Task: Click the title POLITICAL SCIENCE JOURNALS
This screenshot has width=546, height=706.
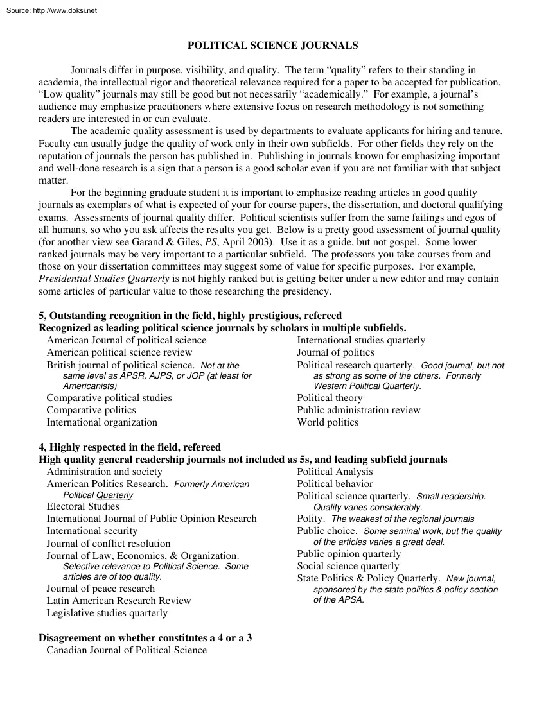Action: click(272, 46)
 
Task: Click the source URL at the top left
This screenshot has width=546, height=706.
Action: click(50, 10)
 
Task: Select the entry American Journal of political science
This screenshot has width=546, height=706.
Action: click(127, 340)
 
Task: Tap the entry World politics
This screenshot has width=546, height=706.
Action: click(328, 422)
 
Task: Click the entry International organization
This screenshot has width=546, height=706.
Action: click(101, 422)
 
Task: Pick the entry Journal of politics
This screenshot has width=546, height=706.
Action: click(335, 352)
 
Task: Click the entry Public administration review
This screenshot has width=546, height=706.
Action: click(358, 410)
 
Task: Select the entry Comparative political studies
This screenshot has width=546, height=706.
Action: click(109, 398)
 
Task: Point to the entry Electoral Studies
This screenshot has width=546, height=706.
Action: click(83, 506)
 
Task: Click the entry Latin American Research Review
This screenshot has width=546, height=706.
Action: click(119, 601)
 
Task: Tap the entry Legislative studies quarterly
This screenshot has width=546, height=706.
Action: click(107, 613)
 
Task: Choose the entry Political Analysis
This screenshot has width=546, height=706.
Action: click(334, 472)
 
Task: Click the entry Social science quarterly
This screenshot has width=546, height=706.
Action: click(348, 566)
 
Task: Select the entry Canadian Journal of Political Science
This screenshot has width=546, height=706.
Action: click(127, 650)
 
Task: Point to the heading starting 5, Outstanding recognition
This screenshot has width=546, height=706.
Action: click(190, 316)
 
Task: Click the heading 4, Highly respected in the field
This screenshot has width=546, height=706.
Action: click(130, 447)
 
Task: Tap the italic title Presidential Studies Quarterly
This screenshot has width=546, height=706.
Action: click(104, 279)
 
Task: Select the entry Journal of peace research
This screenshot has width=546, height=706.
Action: click(100, 589)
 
